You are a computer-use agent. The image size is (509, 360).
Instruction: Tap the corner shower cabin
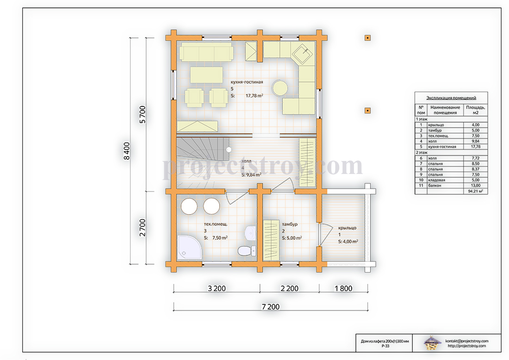(x=189, y=248)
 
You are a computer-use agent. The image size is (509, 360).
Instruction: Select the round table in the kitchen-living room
(x=280, y=87)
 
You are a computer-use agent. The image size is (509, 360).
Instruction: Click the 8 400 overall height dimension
(x=127, y=151)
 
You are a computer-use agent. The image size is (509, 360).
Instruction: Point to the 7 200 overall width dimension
(x=271, y=307)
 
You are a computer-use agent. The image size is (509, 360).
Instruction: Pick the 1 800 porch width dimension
(x=343, y=288)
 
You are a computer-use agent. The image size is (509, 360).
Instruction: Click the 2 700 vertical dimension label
(x=142, y=228)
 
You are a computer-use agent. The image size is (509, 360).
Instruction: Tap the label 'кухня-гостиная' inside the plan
(x=247, y=82)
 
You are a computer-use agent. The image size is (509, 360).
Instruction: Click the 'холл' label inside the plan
(x=246, y=161)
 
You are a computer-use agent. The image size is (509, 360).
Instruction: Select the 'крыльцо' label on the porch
(x=347, y=228)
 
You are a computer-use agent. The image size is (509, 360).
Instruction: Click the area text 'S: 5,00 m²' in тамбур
(x=292, y=238)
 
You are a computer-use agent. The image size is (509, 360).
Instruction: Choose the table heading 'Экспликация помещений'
(x=451, y=98)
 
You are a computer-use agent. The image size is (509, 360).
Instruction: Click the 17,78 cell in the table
(x=476, y=147)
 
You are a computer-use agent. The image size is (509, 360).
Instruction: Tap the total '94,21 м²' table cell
(x=475, y=191)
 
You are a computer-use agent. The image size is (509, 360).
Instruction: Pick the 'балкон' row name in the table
(x=435, y=186)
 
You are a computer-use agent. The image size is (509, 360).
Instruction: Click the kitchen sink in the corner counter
(x=303, y=53)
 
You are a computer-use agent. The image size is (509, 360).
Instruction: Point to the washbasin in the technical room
(x=250, y=233)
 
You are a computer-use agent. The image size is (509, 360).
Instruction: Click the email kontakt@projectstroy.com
(x=466, y=341)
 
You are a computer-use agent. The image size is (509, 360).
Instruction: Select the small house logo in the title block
(x=432, y=343)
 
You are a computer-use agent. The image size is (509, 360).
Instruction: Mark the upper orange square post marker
(x=367, y=38)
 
